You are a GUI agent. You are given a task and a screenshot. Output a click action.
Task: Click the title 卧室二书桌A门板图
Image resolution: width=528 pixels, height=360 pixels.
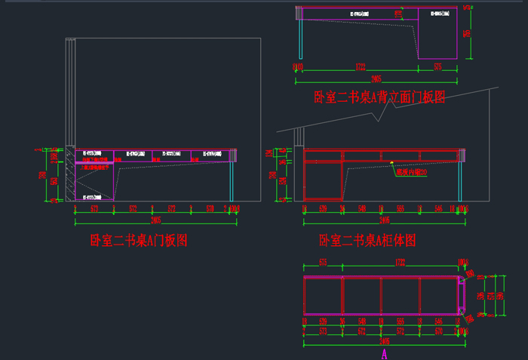click(x=139, y=241)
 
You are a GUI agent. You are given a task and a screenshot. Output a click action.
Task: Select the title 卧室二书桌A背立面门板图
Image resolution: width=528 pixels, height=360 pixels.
click(x=380, y=98)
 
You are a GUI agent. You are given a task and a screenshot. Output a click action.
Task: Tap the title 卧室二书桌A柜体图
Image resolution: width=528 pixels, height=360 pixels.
click(x=367, y=241)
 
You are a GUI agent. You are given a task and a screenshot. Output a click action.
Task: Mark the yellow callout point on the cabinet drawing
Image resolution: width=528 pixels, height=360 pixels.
click(x=391, y=162)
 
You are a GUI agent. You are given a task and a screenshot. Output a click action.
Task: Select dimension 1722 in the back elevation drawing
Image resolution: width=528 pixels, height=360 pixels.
click(x=361, y=67)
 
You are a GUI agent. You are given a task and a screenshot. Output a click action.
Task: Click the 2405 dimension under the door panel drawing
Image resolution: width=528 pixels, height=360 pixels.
click(x=155, y=220)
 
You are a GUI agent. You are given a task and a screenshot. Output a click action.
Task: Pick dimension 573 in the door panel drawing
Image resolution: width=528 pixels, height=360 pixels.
click(x=94, y=208)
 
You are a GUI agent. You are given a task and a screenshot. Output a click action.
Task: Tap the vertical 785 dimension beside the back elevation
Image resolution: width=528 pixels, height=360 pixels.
click(x=468, y=34)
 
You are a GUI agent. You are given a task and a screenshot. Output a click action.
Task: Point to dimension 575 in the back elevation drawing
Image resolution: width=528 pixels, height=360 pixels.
click(x=438, y=67)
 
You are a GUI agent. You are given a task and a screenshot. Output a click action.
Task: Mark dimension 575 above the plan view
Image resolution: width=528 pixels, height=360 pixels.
click(x=322, y=263)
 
